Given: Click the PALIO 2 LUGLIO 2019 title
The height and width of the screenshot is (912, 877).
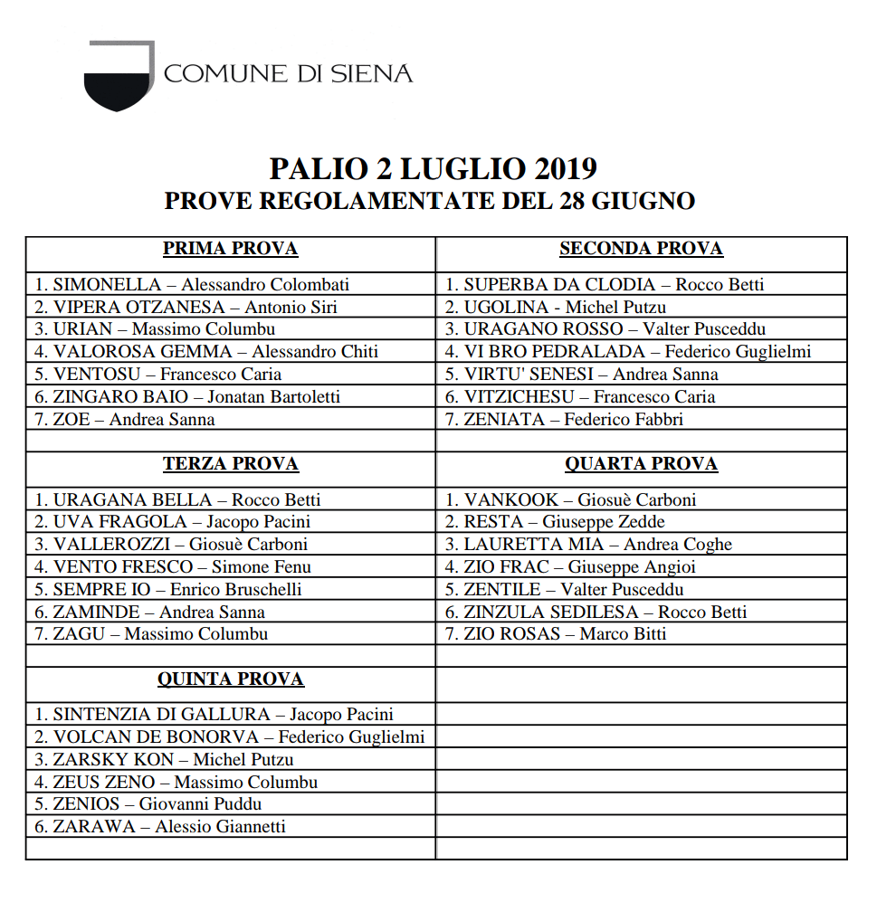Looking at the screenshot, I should coord(434,169).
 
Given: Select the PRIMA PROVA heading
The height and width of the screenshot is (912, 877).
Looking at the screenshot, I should coord(230,249).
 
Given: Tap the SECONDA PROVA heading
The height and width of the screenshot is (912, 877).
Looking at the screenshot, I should coord(641,249).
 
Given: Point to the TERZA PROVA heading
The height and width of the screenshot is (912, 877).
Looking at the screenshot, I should coord(230,464).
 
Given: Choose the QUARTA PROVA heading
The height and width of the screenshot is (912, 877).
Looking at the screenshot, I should coord(641,464).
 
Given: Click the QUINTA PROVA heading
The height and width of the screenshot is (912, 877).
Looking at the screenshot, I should coord(230,679).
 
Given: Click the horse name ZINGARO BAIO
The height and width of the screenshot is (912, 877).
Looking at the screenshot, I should coord(121,396).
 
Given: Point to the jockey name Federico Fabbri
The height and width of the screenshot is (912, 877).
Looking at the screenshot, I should coord(624,419).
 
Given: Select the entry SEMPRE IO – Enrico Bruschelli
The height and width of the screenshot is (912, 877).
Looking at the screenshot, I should coord(168,589).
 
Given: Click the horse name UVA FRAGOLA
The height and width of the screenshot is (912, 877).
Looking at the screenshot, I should coord(120,521).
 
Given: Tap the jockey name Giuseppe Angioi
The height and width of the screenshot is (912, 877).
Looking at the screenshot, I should coord(632,567).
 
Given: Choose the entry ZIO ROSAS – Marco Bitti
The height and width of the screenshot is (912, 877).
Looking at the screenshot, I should coord(556,634).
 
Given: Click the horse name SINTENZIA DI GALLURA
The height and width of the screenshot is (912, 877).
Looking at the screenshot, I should coord(161,715).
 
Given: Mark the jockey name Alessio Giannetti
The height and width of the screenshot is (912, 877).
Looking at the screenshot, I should coord(220,826).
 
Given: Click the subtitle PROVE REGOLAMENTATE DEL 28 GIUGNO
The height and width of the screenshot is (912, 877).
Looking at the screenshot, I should coord(430,201).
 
